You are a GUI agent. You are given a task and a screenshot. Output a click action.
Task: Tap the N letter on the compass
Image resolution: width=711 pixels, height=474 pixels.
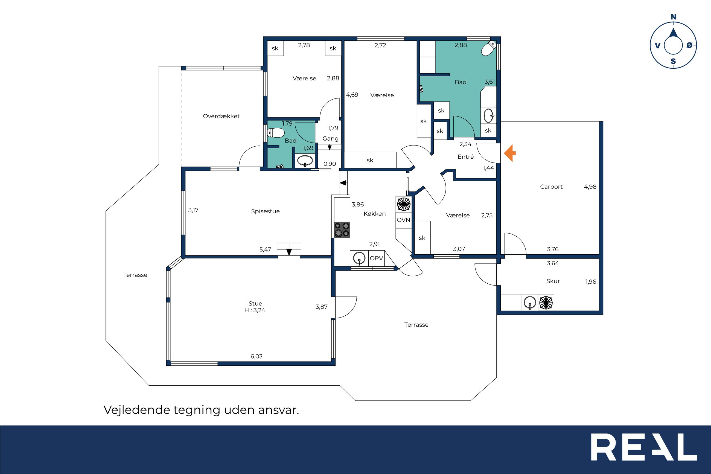[x=673, y=17]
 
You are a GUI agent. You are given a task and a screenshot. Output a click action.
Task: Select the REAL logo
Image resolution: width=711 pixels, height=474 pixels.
[x=644, y=447]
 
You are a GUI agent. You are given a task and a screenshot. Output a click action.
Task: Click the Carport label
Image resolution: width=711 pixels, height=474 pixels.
[x=551, y=187]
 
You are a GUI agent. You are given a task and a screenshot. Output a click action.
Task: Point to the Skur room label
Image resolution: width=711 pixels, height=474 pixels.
[x=553, y=281]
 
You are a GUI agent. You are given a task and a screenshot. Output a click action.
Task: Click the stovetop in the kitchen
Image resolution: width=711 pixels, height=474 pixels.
[x=342, y=230]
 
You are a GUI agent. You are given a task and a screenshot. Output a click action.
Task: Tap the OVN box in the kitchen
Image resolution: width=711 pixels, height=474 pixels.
[x=403, y=220]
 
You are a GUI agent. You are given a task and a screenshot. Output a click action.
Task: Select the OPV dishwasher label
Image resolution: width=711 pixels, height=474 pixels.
[x=376, y=258]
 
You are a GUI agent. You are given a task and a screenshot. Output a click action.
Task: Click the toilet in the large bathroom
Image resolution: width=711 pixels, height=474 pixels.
[x=488, y=48]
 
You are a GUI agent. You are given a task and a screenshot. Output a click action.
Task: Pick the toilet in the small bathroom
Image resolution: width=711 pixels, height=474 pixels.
[x=276, y=133]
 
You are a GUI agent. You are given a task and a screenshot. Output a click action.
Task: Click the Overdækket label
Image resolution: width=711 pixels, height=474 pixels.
[x=221, y=116]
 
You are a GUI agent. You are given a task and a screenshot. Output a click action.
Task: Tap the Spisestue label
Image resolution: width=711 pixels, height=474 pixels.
[x=265, y=211]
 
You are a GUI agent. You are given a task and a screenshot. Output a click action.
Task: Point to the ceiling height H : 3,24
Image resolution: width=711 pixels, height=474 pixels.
[x=255, y=310]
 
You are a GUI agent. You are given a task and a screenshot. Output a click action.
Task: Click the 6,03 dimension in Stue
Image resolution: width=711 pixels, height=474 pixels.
[x=256, y=356]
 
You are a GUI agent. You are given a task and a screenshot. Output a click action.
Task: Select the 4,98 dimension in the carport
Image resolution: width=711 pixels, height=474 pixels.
[x=590, y=187]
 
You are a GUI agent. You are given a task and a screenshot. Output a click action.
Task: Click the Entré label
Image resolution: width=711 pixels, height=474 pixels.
[x=466, y=157]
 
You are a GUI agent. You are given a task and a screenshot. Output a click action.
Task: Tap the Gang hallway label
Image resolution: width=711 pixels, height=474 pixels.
[x=330, y=139]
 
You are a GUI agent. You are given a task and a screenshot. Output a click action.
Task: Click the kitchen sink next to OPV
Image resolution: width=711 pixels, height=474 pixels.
[x=359, y=258]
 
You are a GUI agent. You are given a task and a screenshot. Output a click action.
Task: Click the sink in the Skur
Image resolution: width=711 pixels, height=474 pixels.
[x=530, y=303]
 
